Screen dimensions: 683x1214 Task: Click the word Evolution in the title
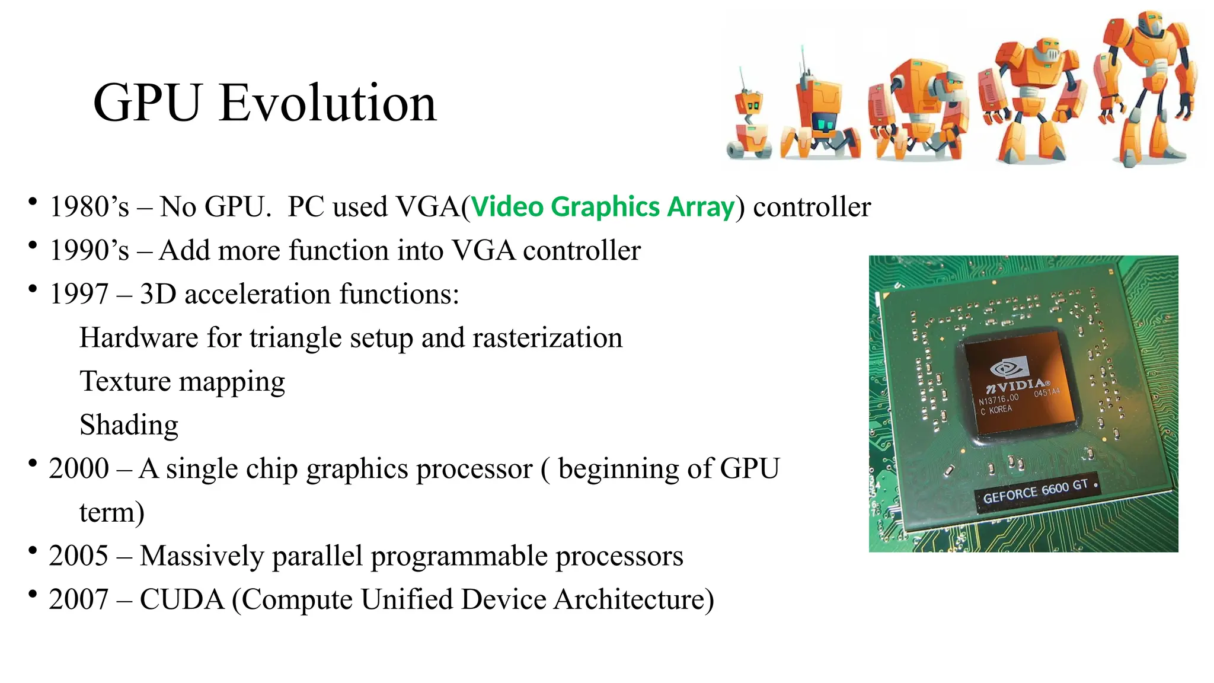(x=327, y=103)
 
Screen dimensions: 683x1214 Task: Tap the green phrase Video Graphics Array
(x=602, y=207)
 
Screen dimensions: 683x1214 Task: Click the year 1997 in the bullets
(x=79, y=294)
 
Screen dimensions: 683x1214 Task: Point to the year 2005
(x=79, y=556)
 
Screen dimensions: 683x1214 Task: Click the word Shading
(x=129, y=425)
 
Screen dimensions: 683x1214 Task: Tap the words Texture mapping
(x=182, y=381)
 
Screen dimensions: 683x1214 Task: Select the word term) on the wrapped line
(x=111, y=512)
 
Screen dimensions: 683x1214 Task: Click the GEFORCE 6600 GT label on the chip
(x=1036, y=491)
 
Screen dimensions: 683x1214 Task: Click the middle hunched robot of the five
(x=918, y=110)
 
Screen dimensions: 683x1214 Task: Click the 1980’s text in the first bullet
(x=89, y=207)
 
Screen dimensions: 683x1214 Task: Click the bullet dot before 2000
(x=33, y=463)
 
